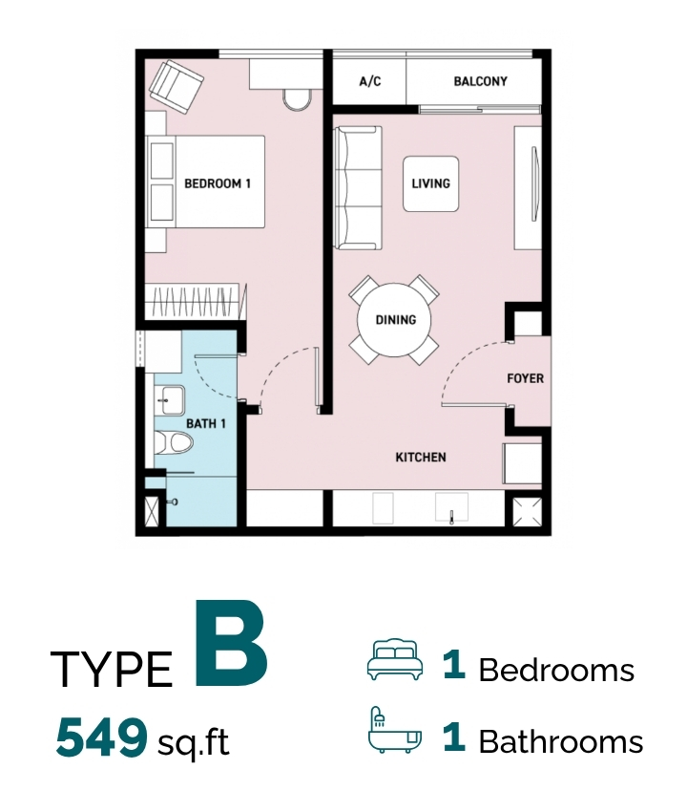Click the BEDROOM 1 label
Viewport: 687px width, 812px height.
tap(218, 183)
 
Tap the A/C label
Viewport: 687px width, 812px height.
tap(370, 81)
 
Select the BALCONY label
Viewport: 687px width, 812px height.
tap(480, 81)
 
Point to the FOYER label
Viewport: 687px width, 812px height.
tap(525, 378)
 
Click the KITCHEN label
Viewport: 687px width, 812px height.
tap(421, 458)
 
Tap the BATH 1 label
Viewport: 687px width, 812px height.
tap(206, 423)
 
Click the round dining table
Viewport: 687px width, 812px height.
tap(395, 319)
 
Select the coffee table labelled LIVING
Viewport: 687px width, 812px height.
tap(431, 183)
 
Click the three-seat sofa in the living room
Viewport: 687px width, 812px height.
tap(358, 188)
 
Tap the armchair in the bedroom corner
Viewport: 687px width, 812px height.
tap(176, 87)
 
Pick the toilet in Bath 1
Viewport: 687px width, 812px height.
tap(174, 442)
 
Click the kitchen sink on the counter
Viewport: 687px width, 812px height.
tap(451, 507)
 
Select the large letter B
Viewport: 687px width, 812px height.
tap(231, 643)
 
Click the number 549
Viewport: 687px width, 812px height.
tap(101, 737)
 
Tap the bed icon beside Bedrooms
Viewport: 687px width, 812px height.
tap(395, 659)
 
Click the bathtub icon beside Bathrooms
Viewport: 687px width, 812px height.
tap(395, 730)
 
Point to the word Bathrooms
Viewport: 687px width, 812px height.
tap(561, 741)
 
